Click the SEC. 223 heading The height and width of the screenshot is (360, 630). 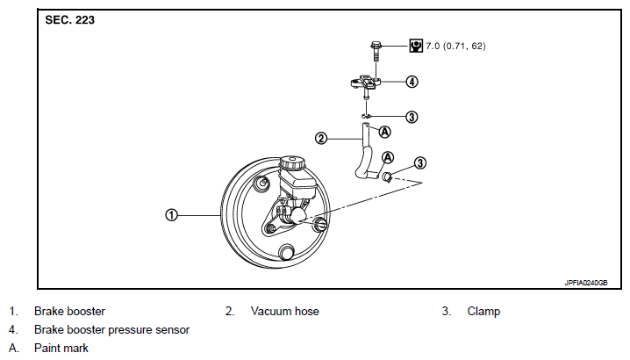[70, 20]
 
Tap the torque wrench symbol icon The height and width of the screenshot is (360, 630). [416, 46]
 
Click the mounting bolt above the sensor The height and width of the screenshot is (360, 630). [376, 51]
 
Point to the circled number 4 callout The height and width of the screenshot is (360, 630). [412, 82]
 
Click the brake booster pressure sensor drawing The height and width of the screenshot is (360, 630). [366, 83]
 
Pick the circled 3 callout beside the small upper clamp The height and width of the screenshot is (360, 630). [412, 117]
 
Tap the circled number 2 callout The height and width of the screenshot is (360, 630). [321, 139]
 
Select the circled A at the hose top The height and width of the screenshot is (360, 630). [385, 132]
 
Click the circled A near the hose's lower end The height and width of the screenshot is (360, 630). [388, 157]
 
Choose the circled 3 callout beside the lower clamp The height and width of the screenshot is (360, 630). [420, 163]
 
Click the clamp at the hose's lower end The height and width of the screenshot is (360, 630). [387, 176]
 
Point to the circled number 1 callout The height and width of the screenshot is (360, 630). [172, 215]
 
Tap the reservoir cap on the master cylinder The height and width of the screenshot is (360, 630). [291, 163]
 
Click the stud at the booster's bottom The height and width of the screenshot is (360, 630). [287, 252]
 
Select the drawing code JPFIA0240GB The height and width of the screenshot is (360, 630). [586, 283]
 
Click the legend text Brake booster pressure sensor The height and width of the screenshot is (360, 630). [111, 330]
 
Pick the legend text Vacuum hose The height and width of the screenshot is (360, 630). [285, 311]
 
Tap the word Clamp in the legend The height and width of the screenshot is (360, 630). [483, 312]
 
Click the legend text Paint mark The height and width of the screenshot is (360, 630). [61, 348]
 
